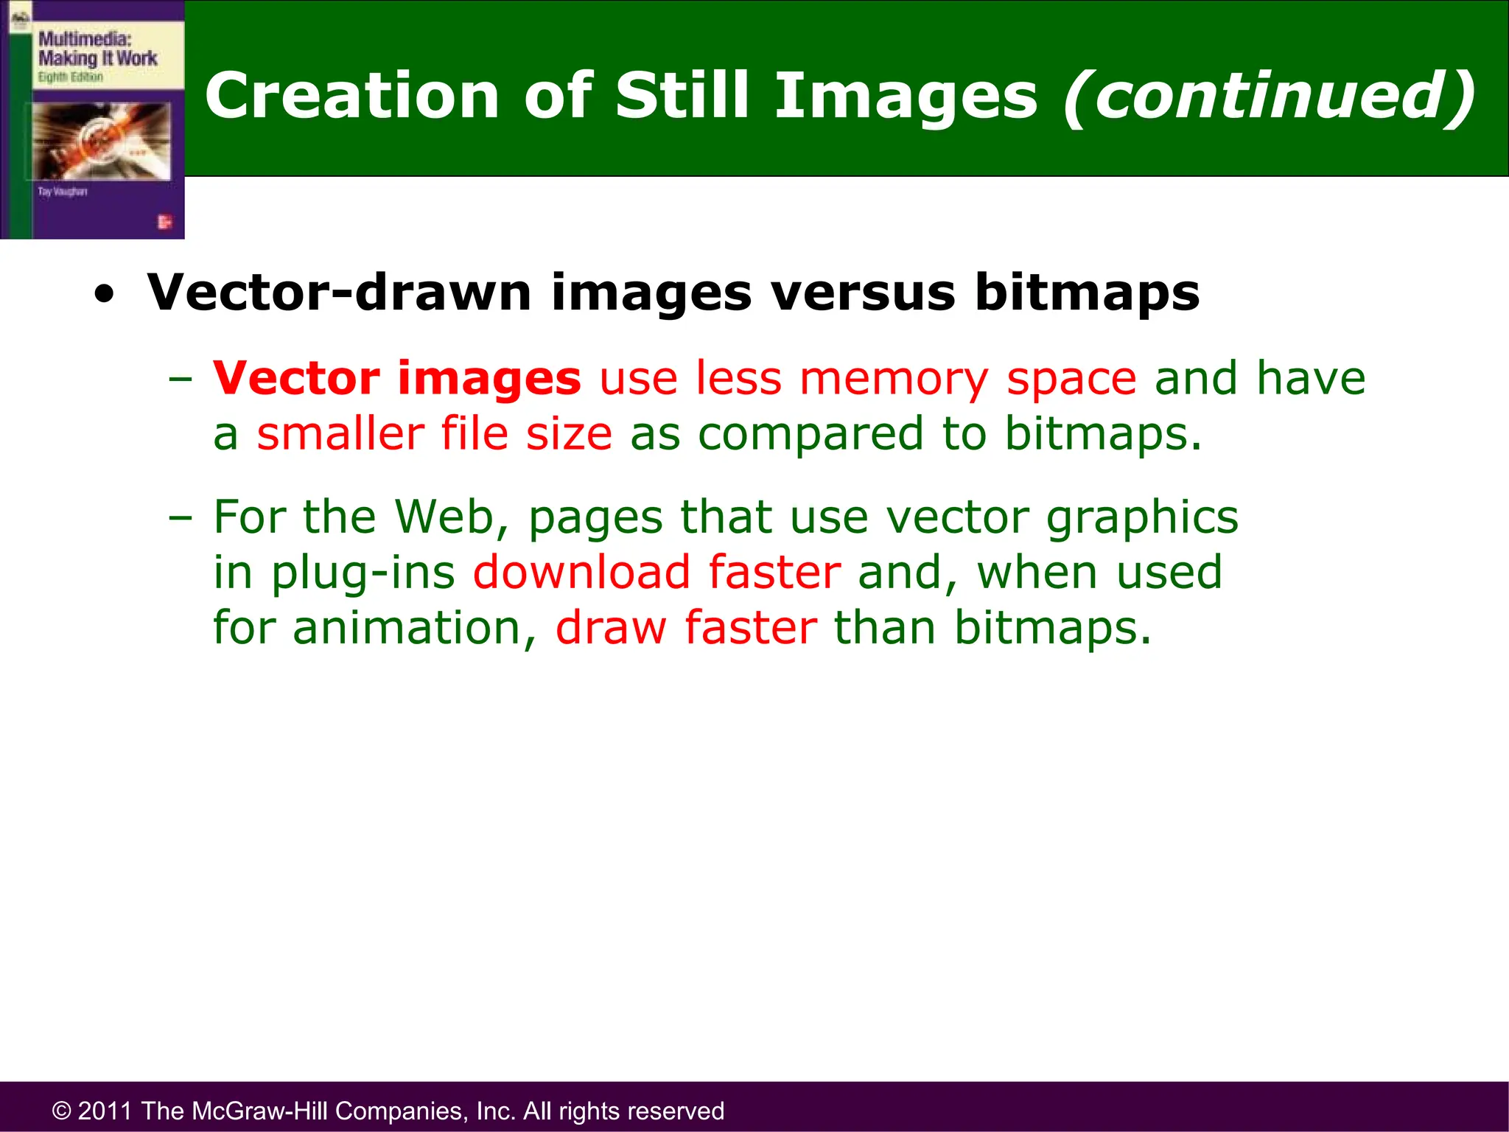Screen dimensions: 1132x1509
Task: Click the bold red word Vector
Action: point(296,378)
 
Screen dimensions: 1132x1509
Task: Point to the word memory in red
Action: point(894,380)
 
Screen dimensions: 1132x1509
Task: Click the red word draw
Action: point(611,628)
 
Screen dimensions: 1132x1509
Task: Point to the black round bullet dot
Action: point(105,296)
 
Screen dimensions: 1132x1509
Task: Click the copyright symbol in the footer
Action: point(61,1111)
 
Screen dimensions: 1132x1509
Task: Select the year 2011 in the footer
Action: point(105,1111)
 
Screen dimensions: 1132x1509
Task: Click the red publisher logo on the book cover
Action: point(164,221)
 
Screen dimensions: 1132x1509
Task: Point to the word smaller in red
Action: point(340,433)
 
